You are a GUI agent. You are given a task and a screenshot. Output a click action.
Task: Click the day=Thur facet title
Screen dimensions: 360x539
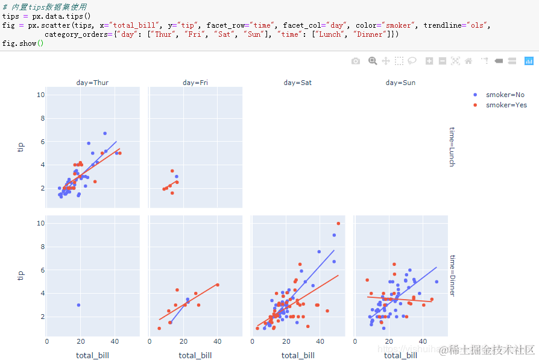click(92, 83)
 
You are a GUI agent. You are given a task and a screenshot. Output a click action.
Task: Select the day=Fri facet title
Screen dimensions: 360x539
click(195, 83)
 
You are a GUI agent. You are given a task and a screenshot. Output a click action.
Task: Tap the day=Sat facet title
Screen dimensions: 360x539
click(297, 83)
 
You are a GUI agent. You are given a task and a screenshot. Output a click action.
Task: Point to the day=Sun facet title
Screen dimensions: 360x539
click(400, 83)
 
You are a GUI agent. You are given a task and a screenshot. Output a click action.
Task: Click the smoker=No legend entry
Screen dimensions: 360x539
click(505, 95)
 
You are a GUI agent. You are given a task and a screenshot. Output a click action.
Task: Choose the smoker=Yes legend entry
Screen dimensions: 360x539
click(506, 105)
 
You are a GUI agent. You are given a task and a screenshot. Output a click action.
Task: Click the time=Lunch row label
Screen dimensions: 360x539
click(452, 147)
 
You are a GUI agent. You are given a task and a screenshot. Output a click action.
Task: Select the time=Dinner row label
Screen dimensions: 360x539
click(452, 275)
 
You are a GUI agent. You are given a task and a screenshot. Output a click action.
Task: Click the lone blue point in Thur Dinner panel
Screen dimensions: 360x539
click(78, 305)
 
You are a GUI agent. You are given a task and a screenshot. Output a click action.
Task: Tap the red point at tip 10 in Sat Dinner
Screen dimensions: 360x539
click(338, 224)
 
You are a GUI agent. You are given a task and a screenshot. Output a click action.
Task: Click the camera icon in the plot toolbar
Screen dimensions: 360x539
click(356, 61)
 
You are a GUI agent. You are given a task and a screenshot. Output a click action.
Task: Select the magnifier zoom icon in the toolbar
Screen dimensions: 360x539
click(373, 61)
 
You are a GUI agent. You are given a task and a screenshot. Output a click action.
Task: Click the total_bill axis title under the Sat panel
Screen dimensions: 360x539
click(298, 355)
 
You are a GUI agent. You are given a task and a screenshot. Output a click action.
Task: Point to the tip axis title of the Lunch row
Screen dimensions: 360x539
click(21, 147)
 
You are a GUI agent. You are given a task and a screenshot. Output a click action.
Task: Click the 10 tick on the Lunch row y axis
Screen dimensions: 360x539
click(40, 95)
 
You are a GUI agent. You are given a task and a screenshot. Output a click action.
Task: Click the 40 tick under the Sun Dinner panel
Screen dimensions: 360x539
click(423, 341)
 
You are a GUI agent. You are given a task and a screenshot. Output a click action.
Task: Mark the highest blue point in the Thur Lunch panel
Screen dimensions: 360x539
click(104, 133)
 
